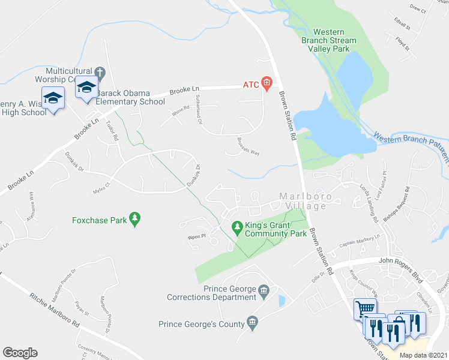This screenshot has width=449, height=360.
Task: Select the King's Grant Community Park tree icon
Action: click(x=236, y=226)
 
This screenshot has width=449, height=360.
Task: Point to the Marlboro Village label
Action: click(x=303, y=201)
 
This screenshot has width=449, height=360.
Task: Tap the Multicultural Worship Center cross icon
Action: click(x=100, y=74)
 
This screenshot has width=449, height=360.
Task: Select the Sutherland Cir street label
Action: click(x=198, y=109)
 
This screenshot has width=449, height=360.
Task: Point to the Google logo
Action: click(x=20, y=353)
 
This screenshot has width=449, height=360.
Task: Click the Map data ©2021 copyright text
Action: click(x=423, y=355)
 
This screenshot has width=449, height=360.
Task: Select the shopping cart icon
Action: click(x=365, y=308)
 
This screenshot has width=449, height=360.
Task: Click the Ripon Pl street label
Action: click(x=196, y=236)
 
